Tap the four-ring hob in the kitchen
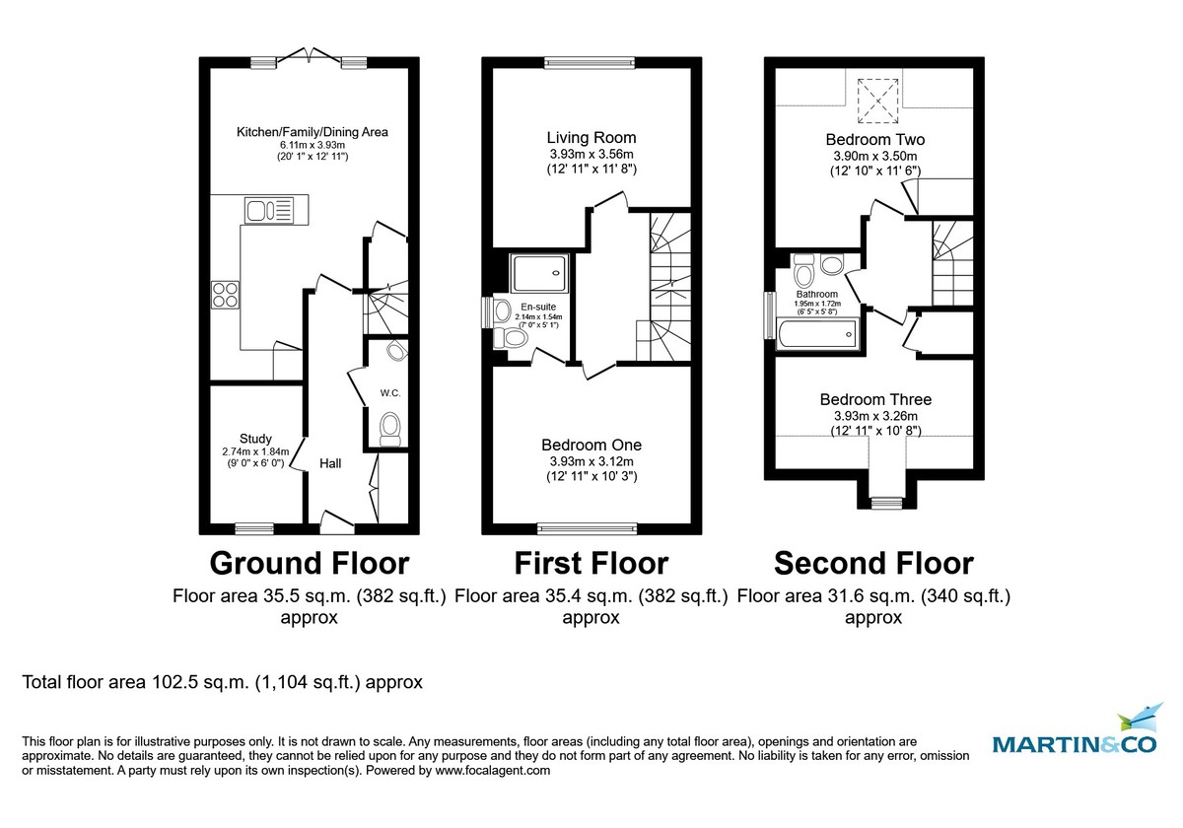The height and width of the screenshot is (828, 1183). pos(225,296)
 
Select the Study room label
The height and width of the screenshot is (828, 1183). pos(255,439)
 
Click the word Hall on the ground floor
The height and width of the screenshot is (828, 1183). pos(329,462)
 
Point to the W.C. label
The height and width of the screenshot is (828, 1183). pos(390,393)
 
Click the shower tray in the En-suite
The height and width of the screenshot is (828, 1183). pos(539,272)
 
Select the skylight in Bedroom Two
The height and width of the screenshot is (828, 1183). pos(873,95)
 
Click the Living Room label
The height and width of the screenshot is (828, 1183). pos(591,138)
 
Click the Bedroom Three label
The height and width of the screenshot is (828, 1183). pos(875,399)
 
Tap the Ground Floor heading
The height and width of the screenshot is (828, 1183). pos(309,564)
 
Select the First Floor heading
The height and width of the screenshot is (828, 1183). pos(591,564)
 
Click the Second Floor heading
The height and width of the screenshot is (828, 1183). pos(873,564)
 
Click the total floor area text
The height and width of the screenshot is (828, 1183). pos(223,682)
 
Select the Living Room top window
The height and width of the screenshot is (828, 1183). pos(591,63)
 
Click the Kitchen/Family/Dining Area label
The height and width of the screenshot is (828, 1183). pos(312,132)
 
